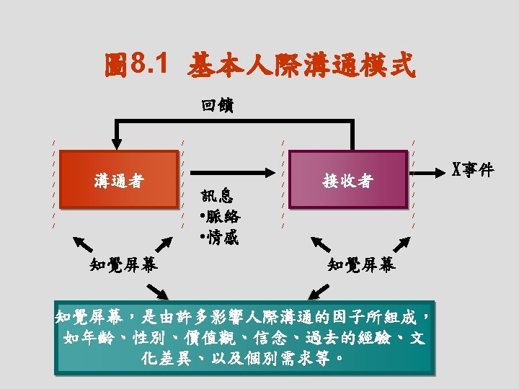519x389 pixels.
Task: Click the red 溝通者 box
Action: click(118, 180)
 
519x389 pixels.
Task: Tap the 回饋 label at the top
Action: click(217, 106)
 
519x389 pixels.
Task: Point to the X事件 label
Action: click(472, 170)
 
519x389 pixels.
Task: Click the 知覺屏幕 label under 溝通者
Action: click(124, 265)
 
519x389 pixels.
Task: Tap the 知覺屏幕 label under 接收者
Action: click(361, 265)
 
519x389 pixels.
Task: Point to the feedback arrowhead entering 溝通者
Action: click(112, 146)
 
